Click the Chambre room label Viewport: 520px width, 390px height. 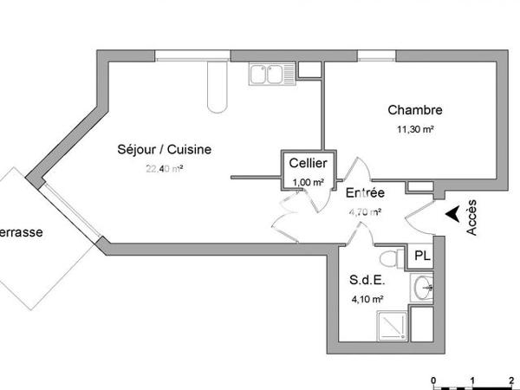tap(415, 110)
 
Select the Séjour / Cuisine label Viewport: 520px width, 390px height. tap(165, 149)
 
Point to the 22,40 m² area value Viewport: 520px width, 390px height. tap(165, 168)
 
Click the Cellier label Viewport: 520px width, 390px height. tap(308, 163)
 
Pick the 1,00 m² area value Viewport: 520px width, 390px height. tap(308, 181)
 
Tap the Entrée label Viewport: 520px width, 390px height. tap(366, 192)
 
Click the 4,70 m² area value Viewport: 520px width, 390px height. tap(364, 211)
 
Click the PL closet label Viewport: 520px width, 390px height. tap(421, 256)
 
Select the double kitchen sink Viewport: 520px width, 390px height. tap(267, 75)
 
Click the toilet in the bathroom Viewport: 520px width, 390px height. tap(392, 258)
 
